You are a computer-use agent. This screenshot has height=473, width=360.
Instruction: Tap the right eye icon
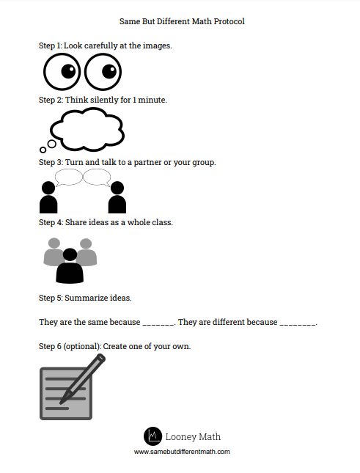click(103, 73)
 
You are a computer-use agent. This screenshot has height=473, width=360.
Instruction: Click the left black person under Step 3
click(48, 197)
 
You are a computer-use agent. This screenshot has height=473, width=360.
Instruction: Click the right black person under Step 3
click(117, 197)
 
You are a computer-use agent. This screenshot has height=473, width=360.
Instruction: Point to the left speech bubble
click(70, 177)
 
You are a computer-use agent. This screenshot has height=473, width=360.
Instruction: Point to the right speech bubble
click(97, 177)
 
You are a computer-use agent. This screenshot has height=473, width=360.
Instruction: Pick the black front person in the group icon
click(70, 266)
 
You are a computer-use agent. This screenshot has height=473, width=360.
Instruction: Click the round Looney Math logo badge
click(153, 436)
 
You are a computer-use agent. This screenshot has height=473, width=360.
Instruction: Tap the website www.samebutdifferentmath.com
click(182, 452)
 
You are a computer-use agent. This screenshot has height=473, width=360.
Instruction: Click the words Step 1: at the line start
click(50, 45)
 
